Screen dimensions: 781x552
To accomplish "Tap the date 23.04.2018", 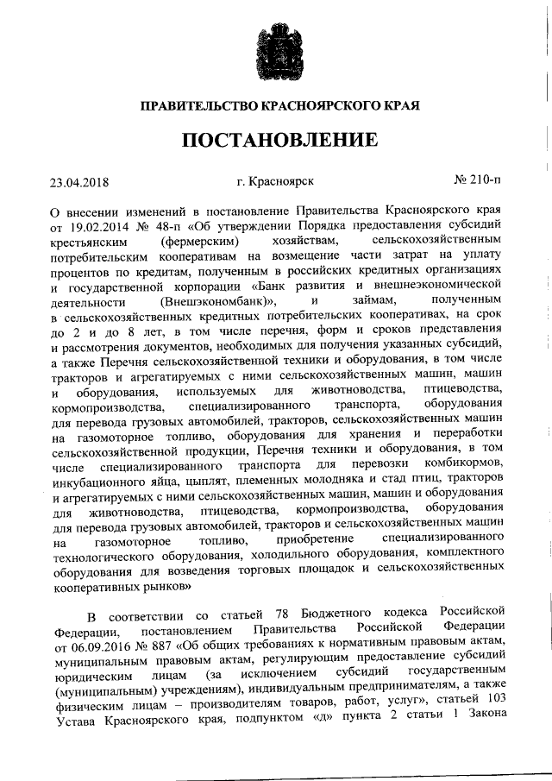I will point(83,181).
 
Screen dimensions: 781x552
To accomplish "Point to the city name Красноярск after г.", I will point(281,181).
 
